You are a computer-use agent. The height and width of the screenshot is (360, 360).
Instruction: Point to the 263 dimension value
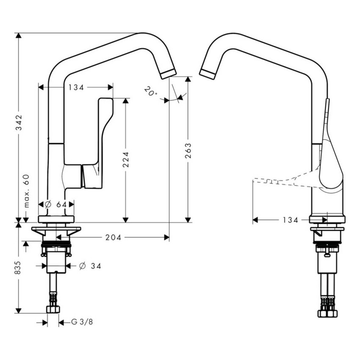coord(188,150)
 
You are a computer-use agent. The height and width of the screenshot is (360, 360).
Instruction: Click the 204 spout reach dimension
coord(114,238)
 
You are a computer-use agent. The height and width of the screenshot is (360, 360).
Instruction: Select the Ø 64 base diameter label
coord(55,205)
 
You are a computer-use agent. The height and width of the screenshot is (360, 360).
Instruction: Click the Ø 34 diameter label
coord(90,266)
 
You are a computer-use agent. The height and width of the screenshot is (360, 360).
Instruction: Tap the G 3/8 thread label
coord(81,322)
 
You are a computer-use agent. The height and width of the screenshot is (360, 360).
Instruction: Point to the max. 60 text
coord(26,191)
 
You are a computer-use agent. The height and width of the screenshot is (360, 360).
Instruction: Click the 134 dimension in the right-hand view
coord(291,220)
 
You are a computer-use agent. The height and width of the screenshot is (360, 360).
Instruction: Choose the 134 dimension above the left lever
coord(76,87)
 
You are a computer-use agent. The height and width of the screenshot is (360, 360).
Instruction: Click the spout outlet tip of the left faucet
coord(168,73)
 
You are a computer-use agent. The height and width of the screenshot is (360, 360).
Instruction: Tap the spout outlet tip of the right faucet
coord(208,73)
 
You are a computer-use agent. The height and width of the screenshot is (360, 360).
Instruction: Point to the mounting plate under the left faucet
coord(56,231)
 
